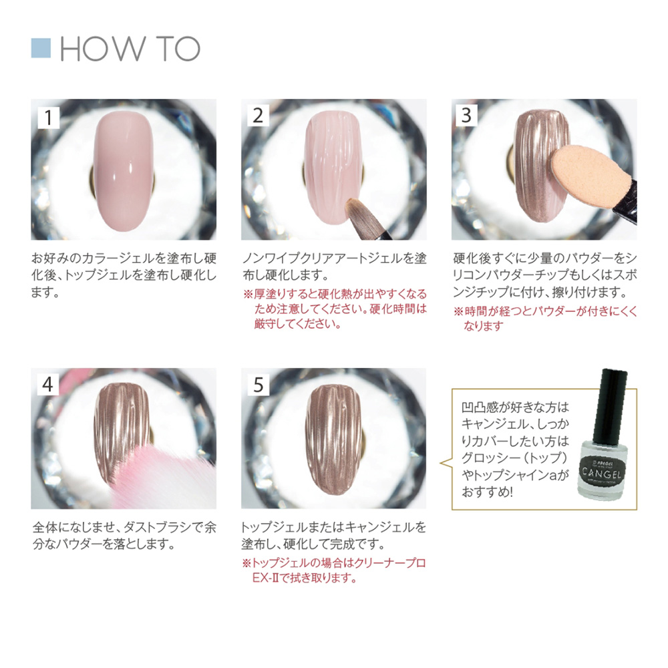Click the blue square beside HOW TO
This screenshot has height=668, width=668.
pyautogui.click(x=41, y=48)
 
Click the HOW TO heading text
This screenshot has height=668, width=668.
pyautogui.click(x=130, y=49)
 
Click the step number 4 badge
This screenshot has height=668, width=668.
pyautogui.click(x=48, y=385)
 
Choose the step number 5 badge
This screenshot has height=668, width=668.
pyautogui.click(x=259, y=385)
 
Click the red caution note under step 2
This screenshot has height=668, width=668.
pyautogui.click(x=334, y=309)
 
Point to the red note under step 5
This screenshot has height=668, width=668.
pyautogui.click(x=334, y=570)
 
